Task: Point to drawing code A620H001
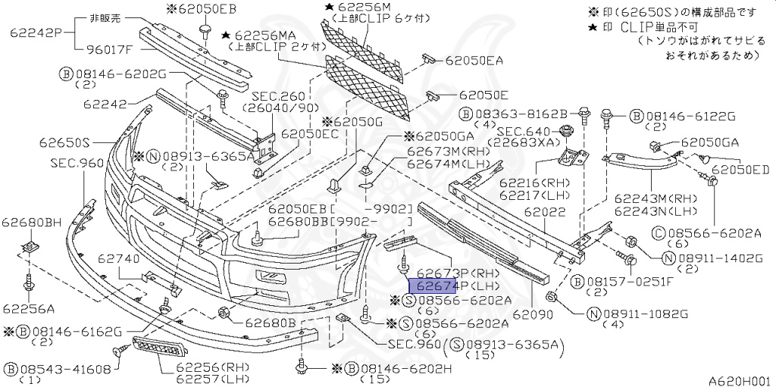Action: [x=739, y=381]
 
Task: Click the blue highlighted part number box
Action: [x=432, y=286]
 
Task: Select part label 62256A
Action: [x=28, y=308]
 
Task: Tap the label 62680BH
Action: [x=31, y=222]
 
